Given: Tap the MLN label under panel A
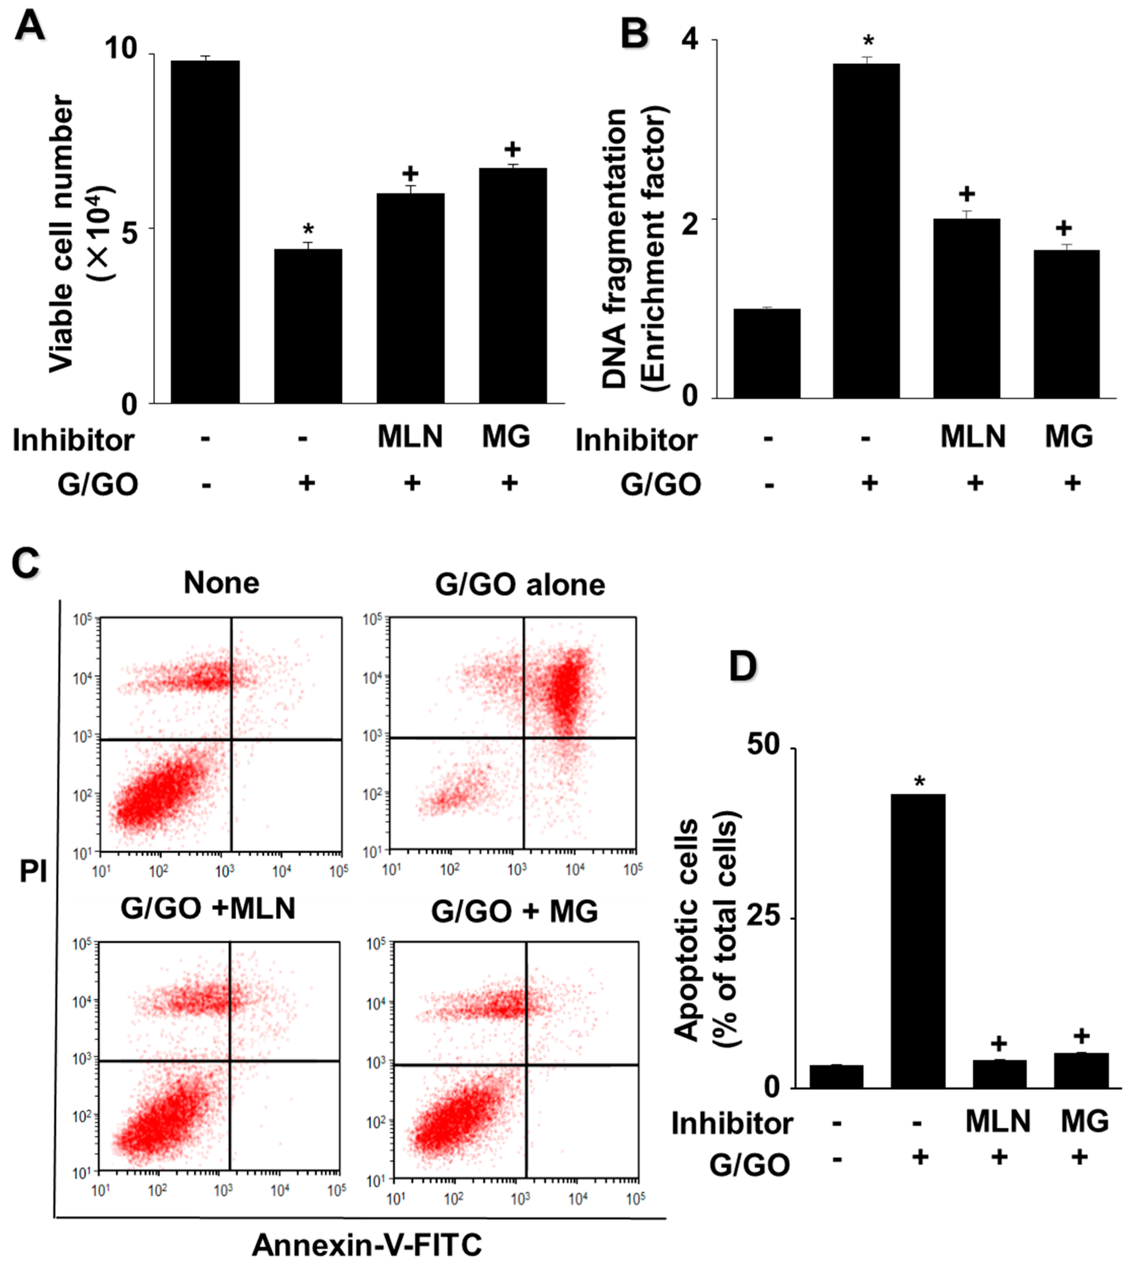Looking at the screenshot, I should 410,436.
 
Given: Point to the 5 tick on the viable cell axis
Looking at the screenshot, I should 129,228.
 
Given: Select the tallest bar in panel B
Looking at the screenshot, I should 866,230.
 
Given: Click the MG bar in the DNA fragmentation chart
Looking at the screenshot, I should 1066,324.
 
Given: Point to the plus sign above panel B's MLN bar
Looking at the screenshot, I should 967,194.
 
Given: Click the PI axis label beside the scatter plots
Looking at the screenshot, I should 33,872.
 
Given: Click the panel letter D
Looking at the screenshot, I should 743,667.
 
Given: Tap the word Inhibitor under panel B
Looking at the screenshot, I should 636,440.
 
